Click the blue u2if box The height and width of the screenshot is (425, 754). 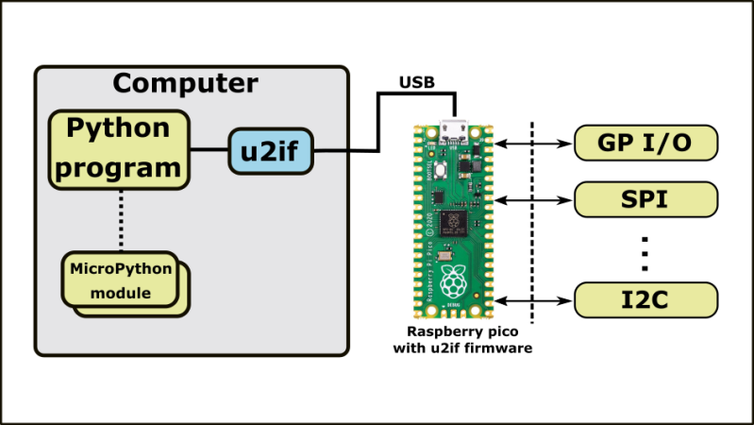[271, 151]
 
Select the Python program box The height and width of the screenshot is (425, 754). [120, 150]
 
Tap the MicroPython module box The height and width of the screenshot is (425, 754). [122, 280]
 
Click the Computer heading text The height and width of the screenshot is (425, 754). [185, 83]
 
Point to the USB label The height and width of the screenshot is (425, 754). [418, 82]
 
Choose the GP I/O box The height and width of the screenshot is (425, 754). [645, 144]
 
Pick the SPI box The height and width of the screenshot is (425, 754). [645, 199]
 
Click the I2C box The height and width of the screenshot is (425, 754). [645, 301]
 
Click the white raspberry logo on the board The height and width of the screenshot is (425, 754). [455, 281]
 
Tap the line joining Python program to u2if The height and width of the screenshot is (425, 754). [209, 150]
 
